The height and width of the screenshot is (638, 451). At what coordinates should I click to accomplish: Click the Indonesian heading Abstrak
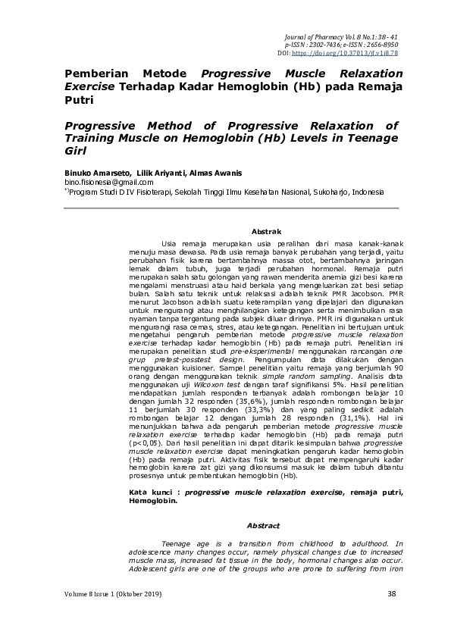point(265,231)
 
